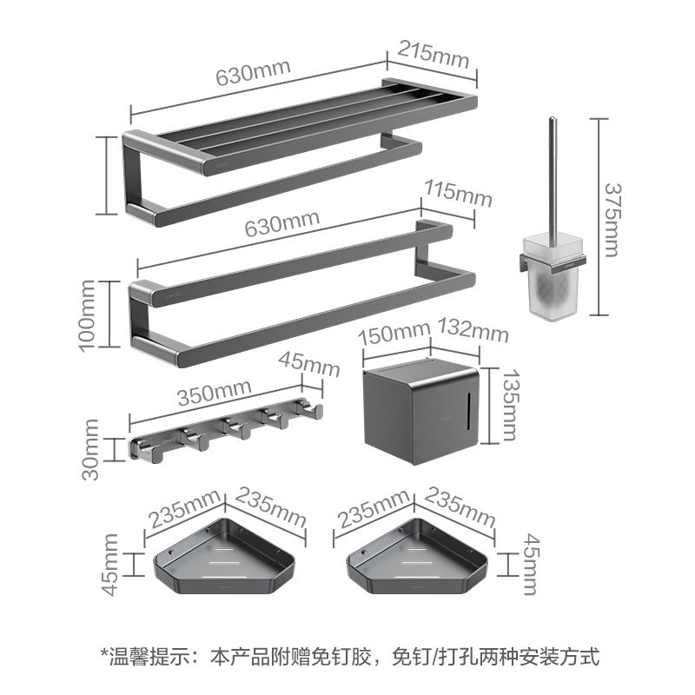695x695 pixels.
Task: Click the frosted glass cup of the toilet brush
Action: [553, 279]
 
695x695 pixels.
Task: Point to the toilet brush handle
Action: [553, 174]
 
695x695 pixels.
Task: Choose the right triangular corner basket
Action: [415, 560]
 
